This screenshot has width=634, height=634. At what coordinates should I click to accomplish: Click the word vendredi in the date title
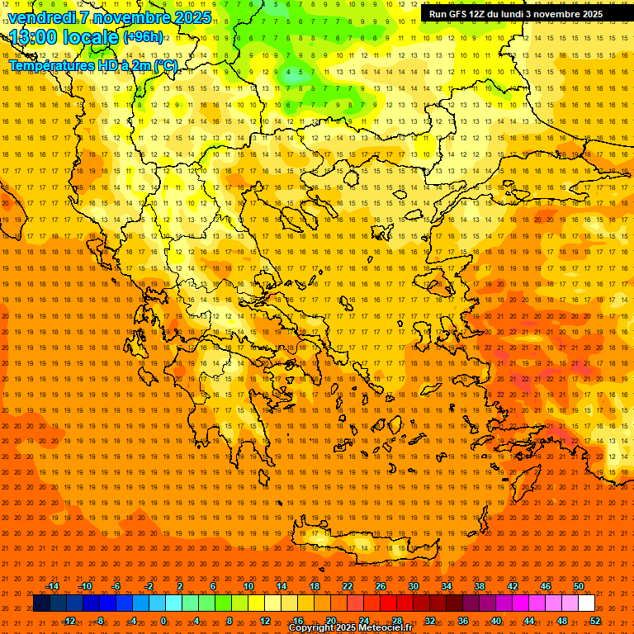tap(42, 17)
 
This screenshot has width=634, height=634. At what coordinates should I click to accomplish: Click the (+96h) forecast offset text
tap(143, 37)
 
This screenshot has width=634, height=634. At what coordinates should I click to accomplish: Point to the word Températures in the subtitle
tap(46, 65)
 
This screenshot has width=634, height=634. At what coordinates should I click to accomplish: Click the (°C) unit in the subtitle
tap(165, 65)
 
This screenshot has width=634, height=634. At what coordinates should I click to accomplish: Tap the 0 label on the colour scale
tap(164, 620)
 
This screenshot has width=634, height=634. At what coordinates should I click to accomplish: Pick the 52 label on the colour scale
tap(595, 620)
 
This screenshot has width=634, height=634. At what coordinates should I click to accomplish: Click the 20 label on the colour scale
tap(330, 620)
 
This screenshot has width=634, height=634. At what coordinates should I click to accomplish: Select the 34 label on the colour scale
tap(447, 586)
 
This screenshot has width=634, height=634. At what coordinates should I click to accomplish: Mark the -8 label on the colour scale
tap(100, 620)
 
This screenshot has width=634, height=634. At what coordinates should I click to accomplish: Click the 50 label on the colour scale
tap(579, 586)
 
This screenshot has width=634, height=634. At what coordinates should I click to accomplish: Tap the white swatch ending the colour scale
tap(587, 603)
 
